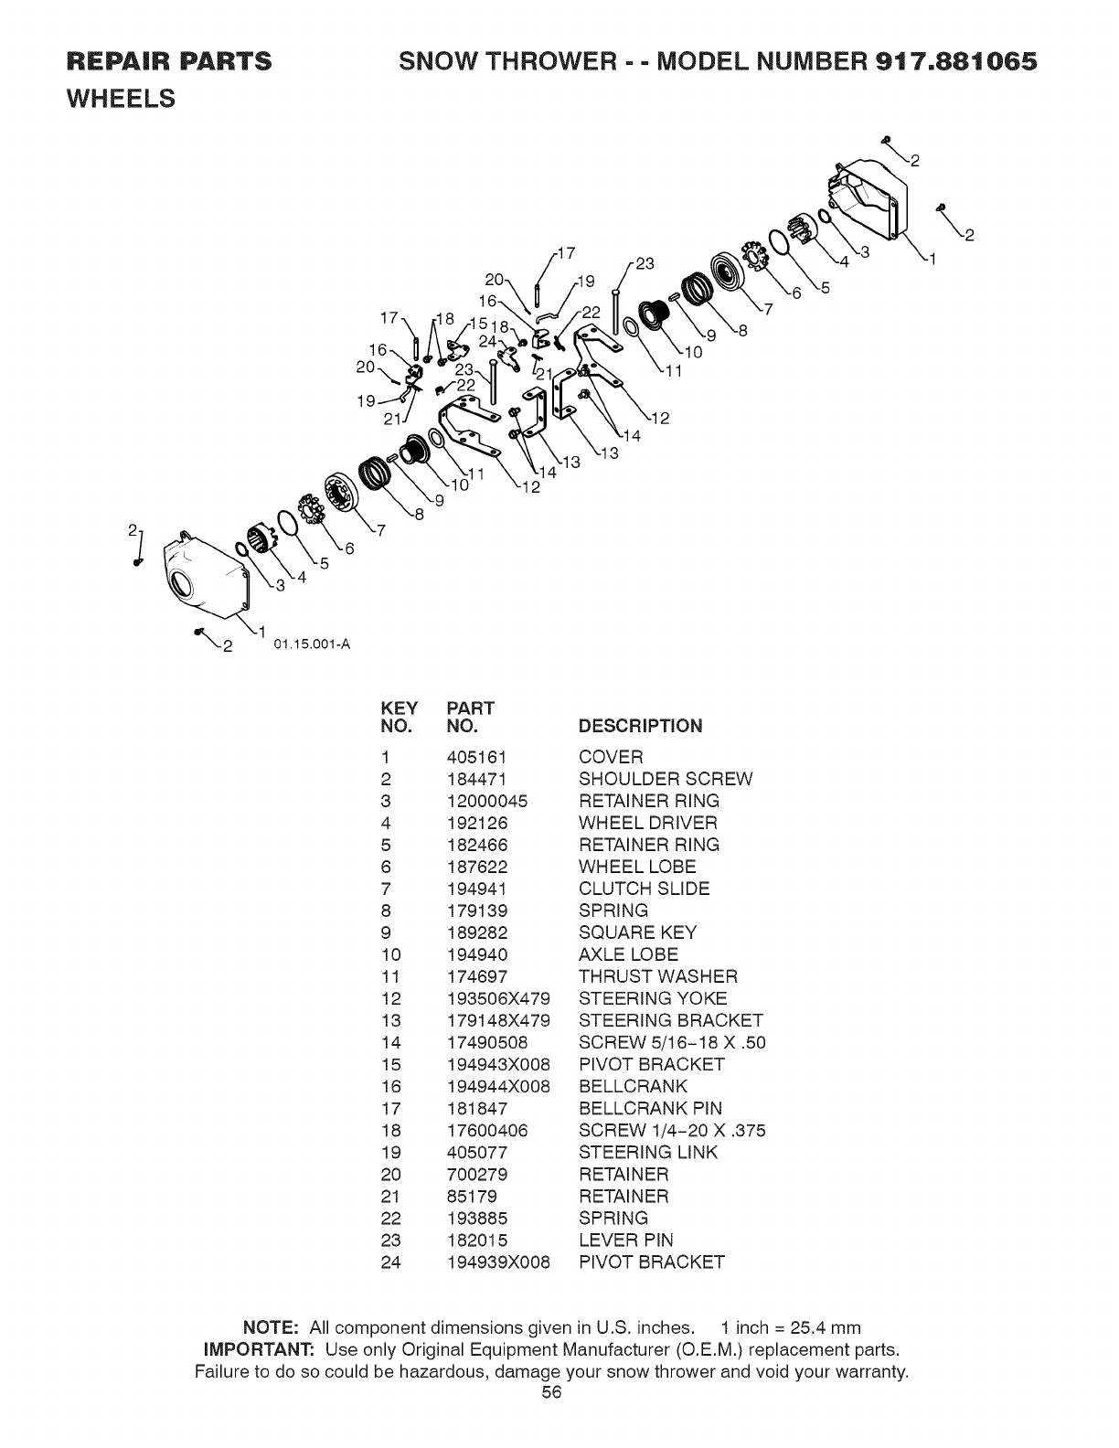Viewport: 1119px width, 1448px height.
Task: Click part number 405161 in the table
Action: [x=476, y=757]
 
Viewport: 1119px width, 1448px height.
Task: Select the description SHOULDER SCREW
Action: [x=666, y=779]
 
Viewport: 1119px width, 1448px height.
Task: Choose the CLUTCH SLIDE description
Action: [x=644, y=889]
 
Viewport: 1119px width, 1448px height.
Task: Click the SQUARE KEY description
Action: [x=637, y=932]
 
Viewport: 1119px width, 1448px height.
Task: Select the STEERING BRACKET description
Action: [x=670, y=1020]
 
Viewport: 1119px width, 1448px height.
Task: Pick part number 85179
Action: [x=471, y=1196]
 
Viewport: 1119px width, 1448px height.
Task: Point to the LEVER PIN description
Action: [x=625, y=1240]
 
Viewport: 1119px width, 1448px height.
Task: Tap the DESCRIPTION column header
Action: [x=640, y=726]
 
